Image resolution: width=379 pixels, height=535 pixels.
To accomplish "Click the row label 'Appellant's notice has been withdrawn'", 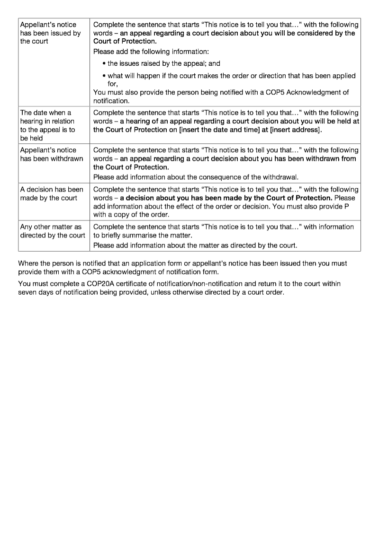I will pyautogui.click(x=51, y=154).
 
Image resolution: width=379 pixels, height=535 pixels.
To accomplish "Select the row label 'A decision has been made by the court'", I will pyautogui.click(x=51, y=193).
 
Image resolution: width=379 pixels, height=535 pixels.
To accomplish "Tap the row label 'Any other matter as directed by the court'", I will pyautogui.click(x=52, y=231).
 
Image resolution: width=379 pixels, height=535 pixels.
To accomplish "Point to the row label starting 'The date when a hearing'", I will pyautogui.click(x=47, y=125).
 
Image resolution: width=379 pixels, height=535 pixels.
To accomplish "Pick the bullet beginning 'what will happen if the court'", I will pyautogui.click(x=231, y=76).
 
